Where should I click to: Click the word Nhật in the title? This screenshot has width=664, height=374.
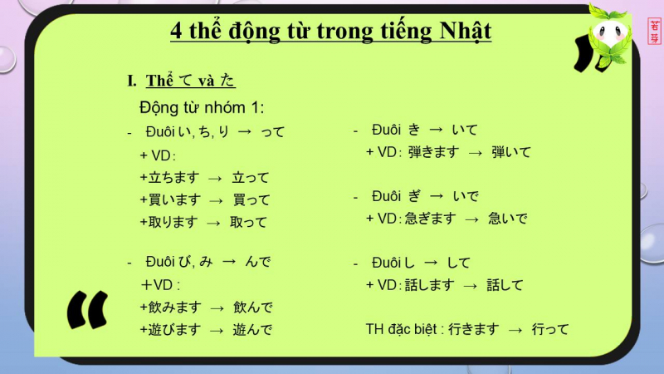tap(466, 31)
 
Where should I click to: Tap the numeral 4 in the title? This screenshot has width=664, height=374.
tap(176, 31)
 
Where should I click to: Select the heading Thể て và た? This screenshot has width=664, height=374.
tap(191, 80)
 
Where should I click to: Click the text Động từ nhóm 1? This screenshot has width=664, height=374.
tap(202, 108)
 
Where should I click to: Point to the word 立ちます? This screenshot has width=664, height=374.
tap(173, 178)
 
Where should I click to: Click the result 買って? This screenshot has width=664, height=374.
tap(251, 199)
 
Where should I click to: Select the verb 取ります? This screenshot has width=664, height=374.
tap(173, 222)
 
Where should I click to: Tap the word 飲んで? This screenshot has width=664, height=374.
tap(253, 307)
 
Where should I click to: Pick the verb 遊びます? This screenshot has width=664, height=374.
tap(174, 329)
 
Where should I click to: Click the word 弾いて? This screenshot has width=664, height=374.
tap(511, 152)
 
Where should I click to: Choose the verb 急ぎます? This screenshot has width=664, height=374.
tap(431, 219)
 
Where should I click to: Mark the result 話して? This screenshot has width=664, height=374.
tap(505, 285)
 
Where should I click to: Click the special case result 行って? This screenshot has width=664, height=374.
tap(550, 329)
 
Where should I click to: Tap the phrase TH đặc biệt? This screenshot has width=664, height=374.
tap(401, 329)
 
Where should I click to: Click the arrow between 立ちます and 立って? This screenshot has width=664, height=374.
tap(215, 179)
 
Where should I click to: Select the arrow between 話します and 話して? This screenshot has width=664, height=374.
tap(470, 287)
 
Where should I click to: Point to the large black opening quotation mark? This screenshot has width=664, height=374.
tap(88, 310)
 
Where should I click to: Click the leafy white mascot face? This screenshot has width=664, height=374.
tap(610, 35)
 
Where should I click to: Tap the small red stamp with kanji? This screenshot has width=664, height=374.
tap(654, 31)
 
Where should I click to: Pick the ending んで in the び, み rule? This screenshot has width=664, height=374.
tap(257, 262)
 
